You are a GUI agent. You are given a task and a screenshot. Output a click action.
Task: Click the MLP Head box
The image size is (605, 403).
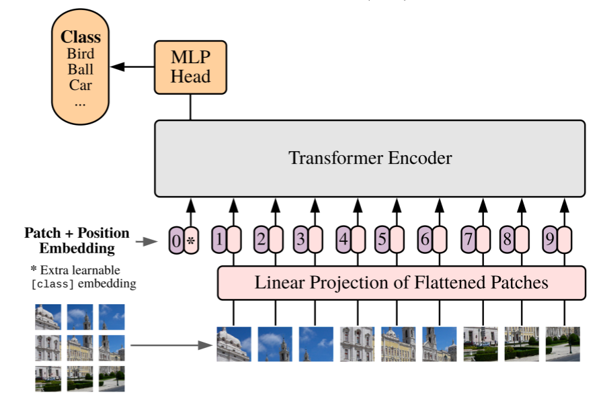(191, 67)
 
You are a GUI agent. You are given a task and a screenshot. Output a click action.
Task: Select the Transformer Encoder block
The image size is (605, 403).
(370, 159)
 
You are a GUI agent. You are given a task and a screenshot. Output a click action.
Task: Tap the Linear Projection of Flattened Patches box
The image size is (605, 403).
(401, 283)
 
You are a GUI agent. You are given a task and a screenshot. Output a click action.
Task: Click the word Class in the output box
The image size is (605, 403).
(81, 37)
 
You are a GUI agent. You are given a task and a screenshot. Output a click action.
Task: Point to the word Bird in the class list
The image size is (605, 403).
(81, 54)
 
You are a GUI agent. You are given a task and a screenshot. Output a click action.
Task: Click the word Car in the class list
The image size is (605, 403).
(81, 85)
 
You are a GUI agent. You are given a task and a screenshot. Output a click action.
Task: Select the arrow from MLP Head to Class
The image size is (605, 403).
(132, 66)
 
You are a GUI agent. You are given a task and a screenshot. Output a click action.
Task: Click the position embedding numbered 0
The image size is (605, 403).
(176, 240)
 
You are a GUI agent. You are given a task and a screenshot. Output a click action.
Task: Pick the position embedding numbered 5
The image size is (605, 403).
(382, 239)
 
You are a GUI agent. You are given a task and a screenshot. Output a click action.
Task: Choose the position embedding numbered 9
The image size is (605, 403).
(549, 239)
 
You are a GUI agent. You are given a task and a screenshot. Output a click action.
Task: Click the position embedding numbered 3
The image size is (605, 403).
(300, 239)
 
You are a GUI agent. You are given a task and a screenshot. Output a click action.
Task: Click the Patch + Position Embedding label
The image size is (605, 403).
(77, 240)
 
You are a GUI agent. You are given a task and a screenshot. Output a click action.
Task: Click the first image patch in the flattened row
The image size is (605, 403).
(234, 344)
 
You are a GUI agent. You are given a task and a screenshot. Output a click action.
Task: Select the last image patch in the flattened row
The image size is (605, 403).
(563, 344)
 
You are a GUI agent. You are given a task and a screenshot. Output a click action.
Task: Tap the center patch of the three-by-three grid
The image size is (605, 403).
(80, 347)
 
